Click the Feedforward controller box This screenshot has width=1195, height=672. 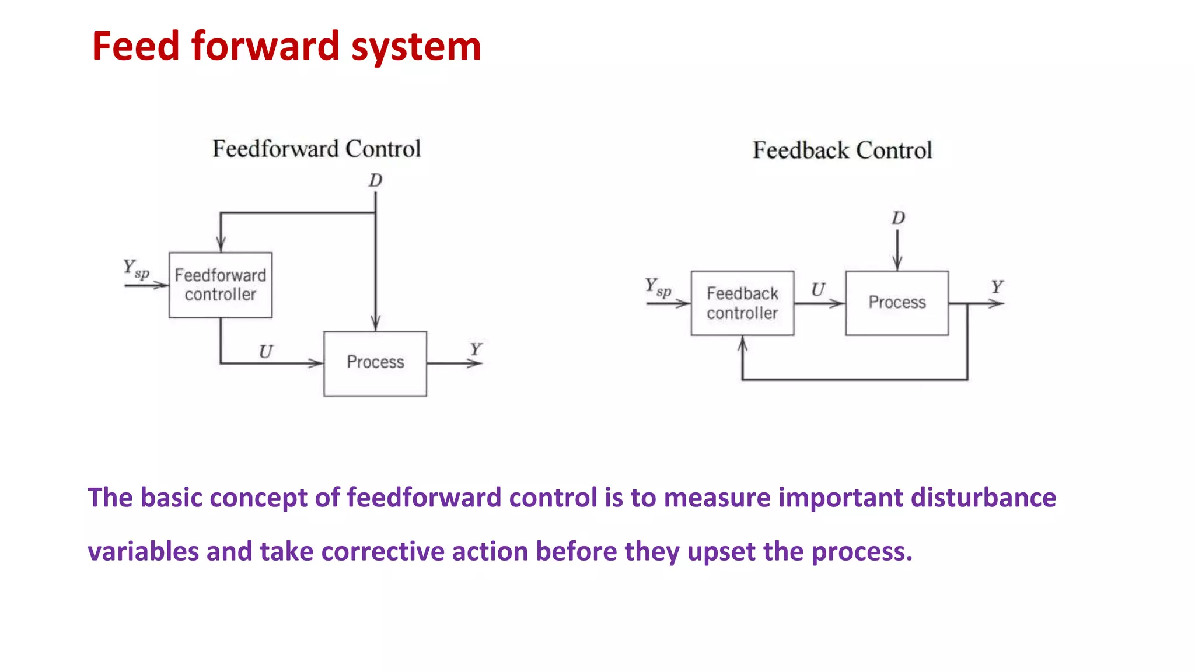tap(221, 285)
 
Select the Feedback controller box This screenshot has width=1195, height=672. tap(742, 303)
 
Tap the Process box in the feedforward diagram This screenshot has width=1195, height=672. tap(375, 363)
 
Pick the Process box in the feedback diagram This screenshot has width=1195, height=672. tap(897, 302)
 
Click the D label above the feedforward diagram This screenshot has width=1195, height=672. tap(375, 180)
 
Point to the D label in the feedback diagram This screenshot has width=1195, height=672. tap(898, 218)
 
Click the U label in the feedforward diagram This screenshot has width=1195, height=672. tap(265, 351)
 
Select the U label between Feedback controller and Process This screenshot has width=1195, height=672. tap(818, 289)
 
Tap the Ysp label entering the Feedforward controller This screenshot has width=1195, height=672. tap(135, 269)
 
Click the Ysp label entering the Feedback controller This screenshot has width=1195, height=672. tap(658, 287)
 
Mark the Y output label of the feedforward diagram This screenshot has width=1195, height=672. tap(476, 349)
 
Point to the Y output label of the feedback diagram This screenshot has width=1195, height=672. tap(997, 286)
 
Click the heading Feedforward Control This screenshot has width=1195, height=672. tap(316, 149)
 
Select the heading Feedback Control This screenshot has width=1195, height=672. tap(842, 150)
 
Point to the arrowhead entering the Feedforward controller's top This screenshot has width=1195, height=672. tap(221, 245)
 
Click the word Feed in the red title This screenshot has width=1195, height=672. tap(135, 47)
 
